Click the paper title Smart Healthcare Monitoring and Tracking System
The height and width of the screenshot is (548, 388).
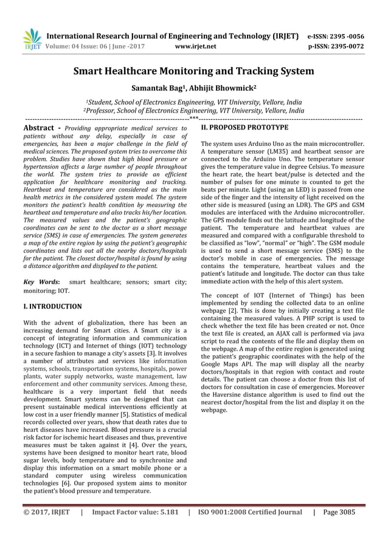pyautogui.click(x=193, y=71)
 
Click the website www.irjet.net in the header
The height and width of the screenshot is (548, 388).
pyautogui.click(x=195, y=45)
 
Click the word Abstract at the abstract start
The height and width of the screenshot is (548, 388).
pyautogui.click(x=41, y=128)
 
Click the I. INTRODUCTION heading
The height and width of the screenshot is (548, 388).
pyautogui.click(x=52, y=307)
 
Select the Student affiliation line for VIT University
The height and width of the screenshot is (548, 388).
pyautogui.click(x=193, y=103)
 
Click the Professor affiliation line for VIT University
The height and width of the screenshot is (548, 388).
pyautogui.click(x=193, y=111)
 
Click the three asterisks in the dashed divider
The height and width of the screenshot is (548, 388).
pyautogui.click(x=193, y=120)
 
